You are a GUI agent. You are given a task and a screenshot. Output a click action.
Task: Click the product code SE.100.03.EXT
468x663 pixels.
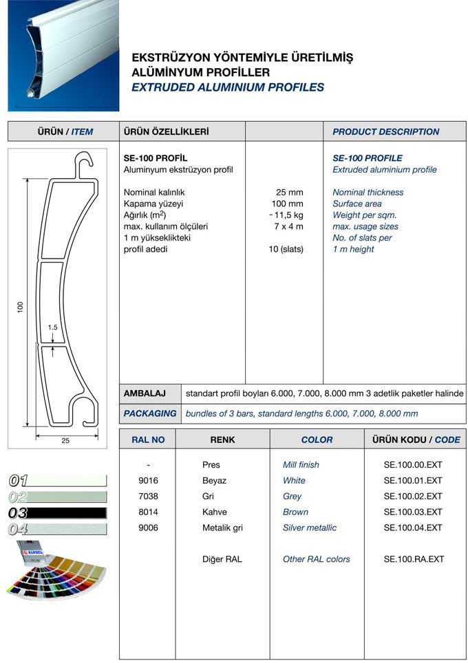point(413,512)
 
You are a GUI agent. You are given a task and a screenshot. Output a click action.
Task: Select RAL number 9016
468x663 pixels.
point(149,480)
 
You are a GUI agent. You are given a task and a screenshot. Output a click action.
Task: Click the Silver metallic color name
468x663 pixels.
point(310,528)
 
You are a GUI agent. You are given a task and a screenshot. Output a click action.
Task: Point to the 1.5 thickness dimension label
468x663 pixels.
point(53,327)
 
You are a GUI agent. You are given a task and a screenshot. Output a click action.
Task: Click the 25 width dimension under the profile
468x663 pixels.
point(65,441)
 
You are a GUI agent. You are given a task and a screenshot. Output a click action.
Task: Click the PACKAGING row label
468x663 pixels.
point(149,413)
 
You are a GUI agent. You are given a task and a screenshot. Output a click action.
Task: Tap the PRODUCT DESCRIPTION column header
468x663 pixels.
point(385,131)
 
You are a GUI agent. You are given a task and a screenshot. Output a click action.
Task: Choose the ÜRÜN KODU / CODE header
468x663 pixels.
point(416,439)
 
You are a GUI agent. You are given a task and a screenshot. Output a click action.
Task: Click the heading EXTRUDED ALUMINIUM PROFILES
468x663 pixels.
point(227,87)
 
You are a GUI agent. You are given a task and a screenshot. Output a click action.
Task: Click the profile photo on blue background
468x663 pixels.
point(63,55)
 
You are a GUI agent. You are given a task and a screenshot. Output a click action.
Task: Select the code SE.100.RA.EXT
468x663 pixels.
point(413,559)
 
